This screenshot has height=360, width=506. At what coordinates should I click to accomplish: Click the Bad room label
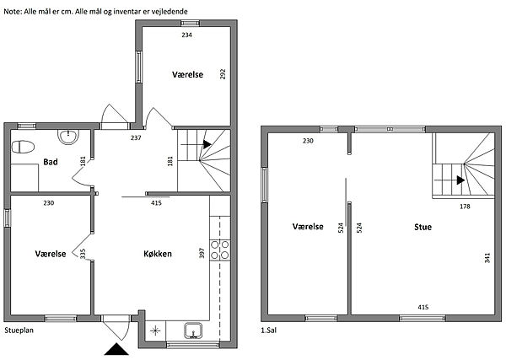[x=51, y=162]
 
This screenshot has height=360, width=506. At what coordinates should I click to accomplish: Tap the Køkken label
[x=158, y=254]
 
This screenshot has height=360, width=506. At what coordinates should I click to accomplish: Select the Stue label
[x=423, y=227]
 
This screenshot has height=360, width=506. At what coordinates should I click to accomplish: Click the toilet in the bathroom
[x=23, y=147]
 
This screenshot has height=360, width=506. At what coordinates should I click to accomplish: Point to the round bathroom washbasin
[x=68, y=137]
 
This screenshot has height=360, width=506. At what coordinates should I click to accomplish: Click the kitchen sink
[x=193, y=331]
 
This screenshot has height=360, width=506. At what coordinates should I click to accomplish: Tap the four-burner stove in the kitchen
[x=220, y=250]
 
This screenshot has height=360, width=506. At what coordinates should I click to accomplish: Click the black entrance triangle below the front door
[x=116, y=349]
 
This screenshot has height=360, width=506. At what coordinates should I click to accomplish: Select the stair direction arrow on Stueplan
[x=207, y=144]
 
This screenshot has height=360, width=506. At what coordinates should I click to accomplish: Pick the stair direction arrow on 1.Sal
[x=460, y=180]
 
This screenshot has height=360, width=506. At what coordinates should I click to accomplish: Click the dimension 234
[x=187, y=35]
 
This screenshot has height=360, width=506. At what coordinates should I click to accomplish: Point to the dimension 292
[x=223, y=74]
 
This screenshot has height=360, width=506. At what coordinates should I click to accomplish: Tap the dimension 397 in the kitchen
[x=202, y=253]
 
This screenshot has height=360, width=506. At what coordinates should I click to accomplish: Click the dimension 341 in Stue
[x=487, y=258]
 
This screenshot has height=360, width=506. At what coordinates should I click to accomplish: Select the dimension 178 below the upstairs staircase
[x=465, y=206]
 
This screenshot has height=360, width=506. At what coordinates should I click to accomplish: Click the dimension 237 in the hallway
[x=136, y=137]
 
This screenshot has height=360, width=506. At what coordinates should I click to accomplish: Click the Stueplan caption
[x=19, y=330]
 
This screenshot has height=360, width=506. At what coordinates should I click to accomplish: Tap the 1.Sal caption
[x=268, y=330]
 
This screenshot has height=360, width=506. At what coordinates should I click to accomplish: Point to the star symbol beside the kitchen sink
[x=155, y=330]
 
